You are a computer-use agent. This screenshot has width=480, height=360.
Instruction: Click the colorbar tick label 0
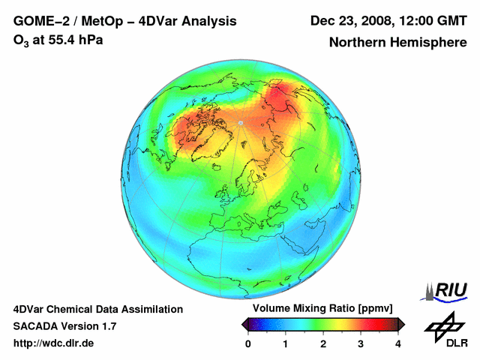[248, 343]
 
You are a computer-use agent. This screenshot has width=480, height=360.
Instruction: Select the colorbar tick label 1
[286, 343]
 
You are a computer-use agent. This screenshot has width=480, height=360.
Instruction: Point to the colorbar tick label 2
[323, 343]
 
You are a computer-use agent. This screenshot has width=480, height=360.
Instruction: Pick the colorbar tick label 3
[361, 343]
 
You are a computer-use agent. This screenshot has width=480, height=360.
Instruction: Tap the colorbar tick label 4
[398, 343]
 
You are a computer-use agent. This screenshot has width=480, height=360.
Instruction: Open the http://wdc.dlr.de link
[54, 343]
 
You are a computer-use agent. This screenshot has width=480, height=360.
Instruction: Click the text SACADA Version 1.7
[64, 326]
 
